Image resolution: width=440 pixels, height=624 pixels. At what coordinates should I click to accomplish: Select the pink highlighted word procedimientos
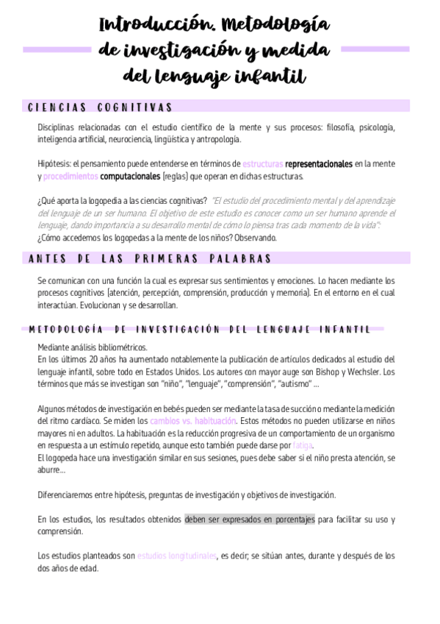tap(71, 177)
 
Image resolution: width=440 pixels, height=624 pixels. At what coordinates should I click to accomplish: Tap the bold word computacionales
tap(130, 177)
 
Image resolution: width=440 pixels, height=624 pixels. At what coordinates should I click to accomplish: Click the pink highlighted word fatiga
tap(303, 446)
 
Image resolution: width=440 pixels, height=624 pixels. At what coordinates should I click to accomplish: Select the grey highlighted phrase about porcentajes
tap(250, 519)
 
